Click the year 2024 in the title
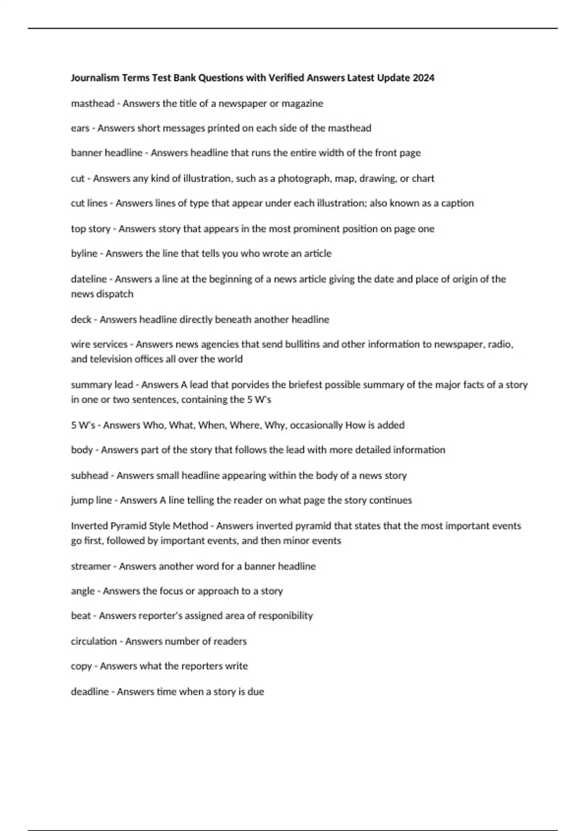tap(423, 78)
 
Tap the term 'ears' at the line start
tap(80, 128)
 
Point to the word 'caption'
tap(457, 203)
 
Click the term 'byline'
tap(84, 254)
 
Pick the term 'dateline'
tap(88, 279)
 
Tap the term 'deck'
tap(81, 320)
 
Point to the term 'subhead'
tap(89, 476)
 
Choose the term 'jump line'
tap(91, 501)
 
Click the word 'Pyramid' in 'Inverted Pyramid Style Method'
tap(128, 526)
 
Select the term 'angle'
tap(83, 591)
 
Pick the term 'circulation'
tap(94, 641)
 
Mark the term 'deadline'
tap(90, 692)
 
